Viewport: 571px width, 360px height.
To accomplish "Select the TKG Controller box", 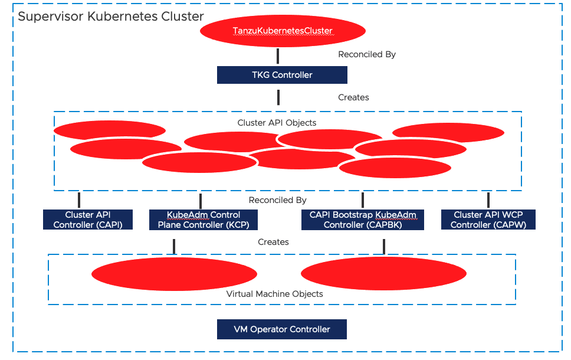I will tap(282, 75).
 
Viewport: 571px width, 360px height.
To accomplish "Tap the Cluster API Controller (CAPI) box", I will tap(88, 220).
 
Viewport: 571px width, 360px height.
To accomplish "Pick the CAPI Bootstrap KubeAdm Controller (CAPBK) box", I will tap(363, 220).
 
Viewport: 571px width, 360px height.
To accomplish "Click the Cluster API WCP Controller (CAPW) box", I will tap(488, 220).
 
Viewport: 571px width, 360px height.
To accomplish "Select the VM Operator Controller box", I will tap(282, 329).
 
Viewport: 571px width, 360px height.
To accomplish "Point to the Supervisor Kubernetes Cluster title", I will tap(111, 16).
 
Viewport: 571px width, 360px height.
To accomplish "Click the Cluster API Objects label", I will tap(277, 123).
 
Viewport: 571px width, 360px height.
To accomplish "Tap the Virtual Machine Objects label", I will tap(275, 293).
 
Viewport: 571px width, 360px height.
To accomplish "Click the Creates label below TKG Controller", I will tap(353, 97).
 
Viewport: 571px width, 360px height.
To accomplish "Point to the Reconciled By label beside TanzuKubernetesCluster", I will tap(366, 54).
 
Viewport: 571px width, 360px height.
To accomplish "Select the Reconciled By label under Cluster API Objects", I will tap(278, 200).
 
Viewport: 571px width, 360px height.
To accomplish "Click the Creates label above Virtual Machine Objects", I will tap(273, 242).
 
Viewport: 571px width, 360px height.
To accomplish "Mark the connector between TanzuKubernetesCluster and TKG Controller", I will tap(278, 56).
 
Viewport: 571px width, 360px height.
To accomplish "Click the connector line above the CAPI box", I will tap(78, 199).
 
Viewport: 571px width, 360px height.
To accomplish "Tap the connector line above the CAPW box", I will tap(488, 199).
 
